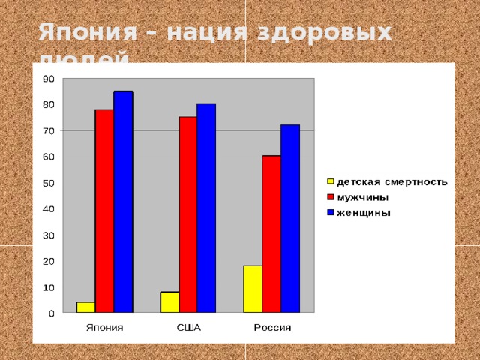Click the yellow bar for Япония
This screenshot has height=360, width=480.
pyautogui.click(x=85, y=307)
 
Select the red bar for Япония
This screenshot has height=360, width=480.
pyautogui.click(x=104, y=210)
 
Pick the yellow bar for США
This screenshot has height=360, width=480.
pyautogui.click(x=169, y=301)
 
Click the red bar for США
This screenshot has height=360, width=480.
pyautogui.click(x=187, y=214)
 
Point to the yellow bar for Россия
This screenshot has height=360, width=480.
pyautogui.click(x=253, y=289)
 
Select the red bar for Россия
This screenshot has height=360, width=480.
pyautogui.click(x=271, y=233)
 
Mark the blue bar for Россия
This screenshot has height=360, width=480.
pyautogui.click(x=290, y=218)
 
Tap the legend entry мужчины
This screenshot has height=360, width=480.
pyautogui.click(x=363, y=197)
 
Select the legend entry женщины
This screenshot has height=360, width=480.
pyautogui.click(x=364, y=212)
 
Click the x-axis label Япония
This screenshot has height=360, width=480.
pyautogui.click(x=104, y=328)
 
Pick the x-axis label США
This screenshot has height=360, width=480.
pyautogui.click(x=188, y=328)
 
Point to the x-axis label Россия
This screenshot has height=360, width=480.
pyautogui.click(x=272, y=328)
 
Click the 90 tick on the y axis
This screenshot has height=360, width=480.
pyautogui.click(x=46, y=78)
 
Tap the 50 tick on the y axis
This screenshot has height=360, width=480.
pyautogui.click(x=46, y=183)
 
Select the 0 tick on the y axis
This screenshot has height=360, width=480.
pyautogui.click(x=50, y=313)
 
